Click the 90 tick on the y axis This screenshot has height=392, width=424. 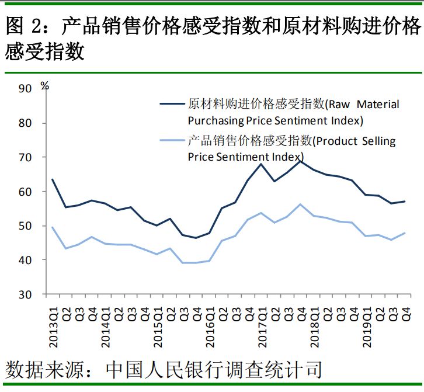click(25, 89)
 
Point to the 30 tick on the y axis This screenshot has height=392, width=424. click(25, 294)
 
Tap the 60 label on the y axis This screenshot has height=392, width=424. click(25, 192)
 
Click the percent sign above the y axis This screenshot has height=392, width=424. click(45, 85)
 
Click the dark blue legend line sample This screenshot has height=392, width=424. click(172, 104)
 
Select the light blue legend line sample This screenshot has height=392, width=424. click(172, 141)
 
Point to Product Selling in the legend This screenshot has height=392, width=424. click(355, 141)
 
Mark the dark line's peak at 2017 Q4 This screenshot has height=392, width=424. click(300, 160)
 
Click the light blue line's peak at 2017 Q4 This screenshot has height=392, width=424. click(300, 204)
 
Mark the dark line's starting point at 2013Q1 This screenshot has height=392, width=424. click(53, 179)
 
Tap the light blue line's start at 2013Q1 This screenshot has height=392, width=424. click(53, 227)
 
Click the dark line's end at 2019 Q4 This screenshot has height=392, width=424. click(405, 202)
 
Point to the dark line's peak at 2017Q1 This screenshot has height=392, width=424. click(261, 164)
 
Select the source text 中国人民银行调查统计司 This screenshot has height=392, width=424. click(213, 369)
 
